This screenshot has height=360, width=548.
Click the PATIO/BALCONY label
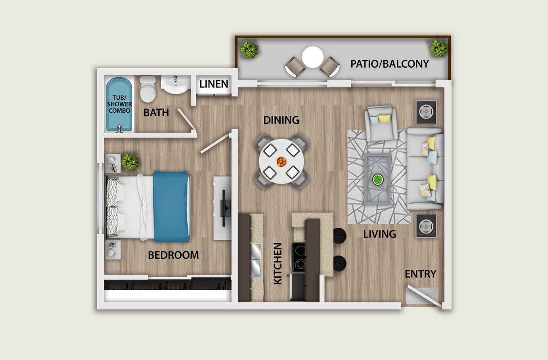pos(389,64)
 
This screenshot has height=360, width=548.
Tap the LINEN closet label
pos(214,84)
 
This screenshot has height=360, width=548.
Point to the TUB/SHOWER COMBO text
pos(119,104)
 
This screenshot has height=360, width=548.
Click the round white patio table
pos(313,57)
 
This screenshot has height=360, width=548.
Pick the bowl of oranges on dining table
pos(282,162)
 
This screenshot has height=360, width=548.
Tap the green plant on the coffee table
pos(377,180)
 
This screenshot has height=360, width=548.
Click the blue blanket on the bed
pos(171,206)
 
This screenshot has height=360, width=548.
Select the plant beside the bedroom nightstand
pos(130,162)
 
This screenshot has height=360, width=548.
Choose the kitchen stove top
pos(298,257)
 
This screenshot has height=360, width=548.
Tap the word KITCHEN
pos(278,263)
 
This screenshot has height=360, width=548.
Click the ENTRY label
pos(420,274)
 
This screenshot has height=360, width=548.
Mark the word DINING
pos(281,120)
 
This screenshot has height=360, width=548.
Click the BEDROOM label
pos(173,255)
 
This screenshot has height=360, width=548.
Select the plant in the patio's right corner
pos(439,48)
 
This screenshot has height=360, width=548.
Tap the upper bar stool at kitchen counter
pos(339,236)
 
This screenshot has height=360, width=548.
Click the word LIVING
pos(380,234)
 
